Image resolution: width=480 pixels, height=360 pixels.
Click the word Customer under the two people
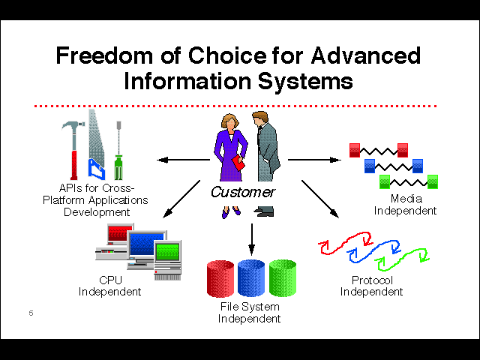(x=243, y=192)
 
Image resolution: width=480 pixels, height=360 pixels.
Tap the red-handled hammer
(x=73, y=150)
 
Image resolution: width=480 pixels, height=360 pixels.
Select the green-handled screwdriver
(x=118, y=150)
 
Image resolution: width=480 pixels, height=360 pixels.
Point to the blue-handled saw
(x=96, y=145)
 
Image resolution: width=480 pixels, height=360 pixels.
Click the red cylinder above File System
(x=220, y=278)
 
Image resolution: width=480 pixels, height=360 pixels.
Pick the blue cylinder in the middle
(x=251, y=278)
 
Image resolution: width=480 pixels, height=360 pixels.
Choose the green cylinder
(x=283, y=278)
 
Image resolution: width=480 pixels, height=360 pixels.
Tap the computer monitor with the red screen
(x=120, y=234)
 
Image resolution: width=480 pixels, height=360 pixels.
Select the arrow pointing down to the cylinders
(x=252, y=239)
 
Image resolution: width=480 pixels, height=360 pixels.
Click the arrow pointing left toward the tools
(x=183, y=160)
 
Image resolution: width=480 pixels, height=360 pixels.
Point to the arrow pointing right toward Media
(x=314, y=160)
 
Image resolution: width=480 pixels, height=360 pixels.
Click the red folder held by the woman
(x=238, y=163)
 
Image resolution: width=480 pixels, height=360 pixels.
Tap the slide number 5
(x=31, y=313)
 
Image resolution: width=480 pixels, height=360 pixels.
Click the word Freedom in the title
(x=104, y=55)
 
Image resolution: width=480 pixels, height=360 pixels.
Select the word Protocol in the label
(x=372, y=280)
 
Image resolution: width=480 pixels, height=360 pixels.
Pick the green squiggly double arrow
(x=402, y=259)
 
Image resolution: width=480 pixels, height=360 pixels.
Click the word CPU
(x=110, y=280)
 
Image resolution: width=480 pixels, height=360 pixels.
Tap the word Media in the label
(x=406, y=199)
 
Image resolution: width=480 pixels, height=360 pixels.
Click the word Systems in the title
(x=305, y=82)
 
